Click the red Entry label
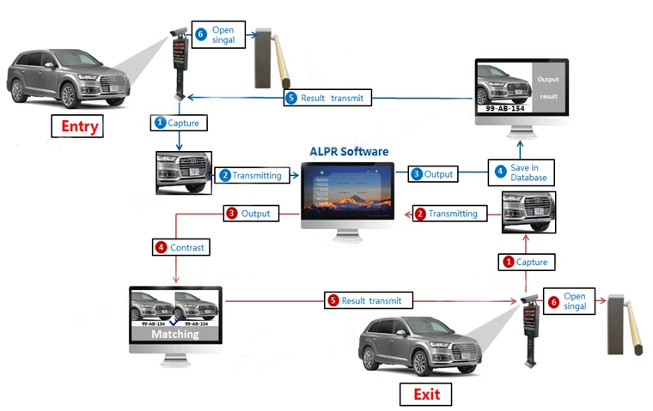click(x=80, y=127)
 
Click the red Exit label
click(x=426, y=394)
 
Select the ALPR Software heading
click(x=348, y=151)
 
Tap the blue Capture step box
click(x=176, y=123)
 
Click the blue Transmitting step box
click(x=250, y=175)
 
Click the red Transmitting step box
click(x=446, y=214)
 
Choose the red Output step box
click(x=250, y=214)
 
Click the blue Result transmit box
click(x=326, y=98)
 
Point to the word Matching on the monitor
click(x=175, y=334)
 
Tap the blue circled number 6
click(x=201, y=33)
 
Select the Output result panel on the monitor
click(x=548, y=88)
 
